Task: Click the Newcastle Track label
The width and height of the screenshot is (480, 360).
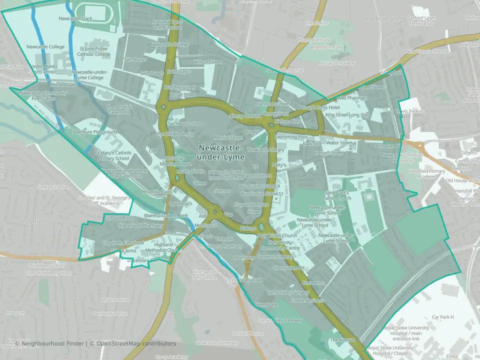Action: click(x=75, y=18)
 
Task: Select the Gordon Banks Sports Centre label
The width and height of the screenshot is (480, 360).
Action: click(x=42, y=69)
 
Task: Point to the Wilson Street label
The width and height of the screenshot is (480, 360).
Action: click(x=207, y=62)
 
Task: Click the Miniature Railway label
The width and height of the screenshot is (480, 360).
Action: click(x=337, y=63)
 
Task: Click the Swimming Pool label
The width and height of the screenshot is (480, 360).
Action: click(x=291, y=136)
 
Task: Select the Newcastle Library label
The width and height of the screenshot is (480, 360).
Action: click(x=265, y=149)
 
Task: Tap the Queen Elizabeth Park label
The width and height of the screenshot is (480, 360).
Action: click(x=165, y=215)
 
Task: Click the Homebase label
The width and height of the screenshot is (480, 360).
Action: click(x=266, y=304)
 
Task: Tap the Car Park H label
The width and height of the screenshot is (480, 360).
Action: click(x=442, y=317)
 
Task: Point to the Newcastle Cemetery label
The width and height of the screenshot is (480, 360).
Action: click(x=217, y=343)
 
